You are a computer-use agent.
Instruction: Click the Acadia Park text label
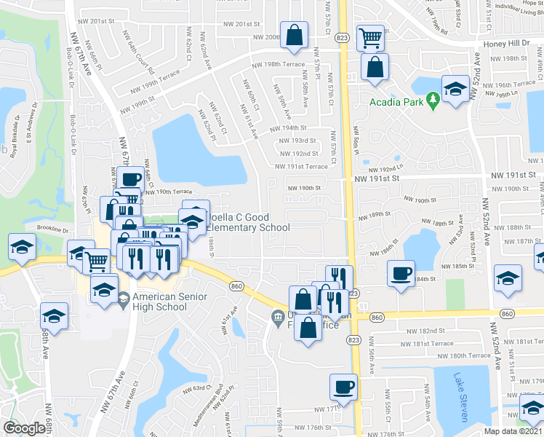[x=395, y=102]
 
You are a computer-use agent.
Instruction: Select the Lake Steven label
[x=460, y=397]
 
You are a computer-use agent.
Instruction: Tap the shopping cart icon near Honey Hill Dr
[x=371, y=36]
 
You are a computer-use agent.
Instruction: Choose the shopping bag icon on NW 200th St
[x=293, y=35]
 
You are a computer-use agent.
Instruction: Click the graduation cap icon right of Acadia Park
[x=455, y=89]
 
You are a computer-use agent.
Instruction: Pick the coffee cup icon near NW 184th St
[x=400, y=274]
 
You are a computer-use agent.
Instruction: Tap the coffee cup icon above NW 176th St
[x=344, y=386]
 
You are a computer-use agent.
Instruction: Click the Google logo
[x=23, y=428]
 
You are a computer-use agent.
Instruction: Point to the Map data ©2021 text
[x=512, y=432]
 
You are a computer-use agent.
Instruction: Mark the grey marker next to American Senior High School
[x=124, y=299]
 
